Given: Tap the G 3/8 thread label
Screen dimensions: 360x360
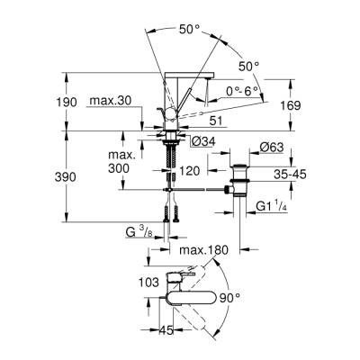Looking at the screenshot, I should coord(138,232).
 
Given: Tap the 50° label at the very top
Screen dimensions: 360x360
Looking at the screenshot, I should coord(189,30).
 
